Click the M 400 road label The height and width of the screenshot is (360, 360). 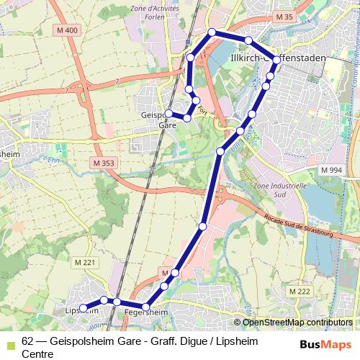(x=68, y=30)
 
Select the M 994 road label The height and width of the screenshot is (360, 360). (x=331, y=169)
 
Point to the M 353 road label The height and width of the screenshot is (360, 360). (x=104, y=163)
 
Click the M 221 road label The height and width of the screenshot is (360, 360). (x=85, y=262)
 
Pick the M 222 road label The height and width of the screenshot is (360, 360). (x=299, y=291)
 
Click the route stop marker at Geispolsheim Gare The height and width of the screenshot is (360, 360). (x=168, y=114)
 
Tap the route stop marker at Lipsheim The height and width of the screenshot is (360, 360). (x=83, y=308)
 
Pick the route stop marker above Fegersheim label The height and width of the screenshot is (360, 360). (x=146, y=307)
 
